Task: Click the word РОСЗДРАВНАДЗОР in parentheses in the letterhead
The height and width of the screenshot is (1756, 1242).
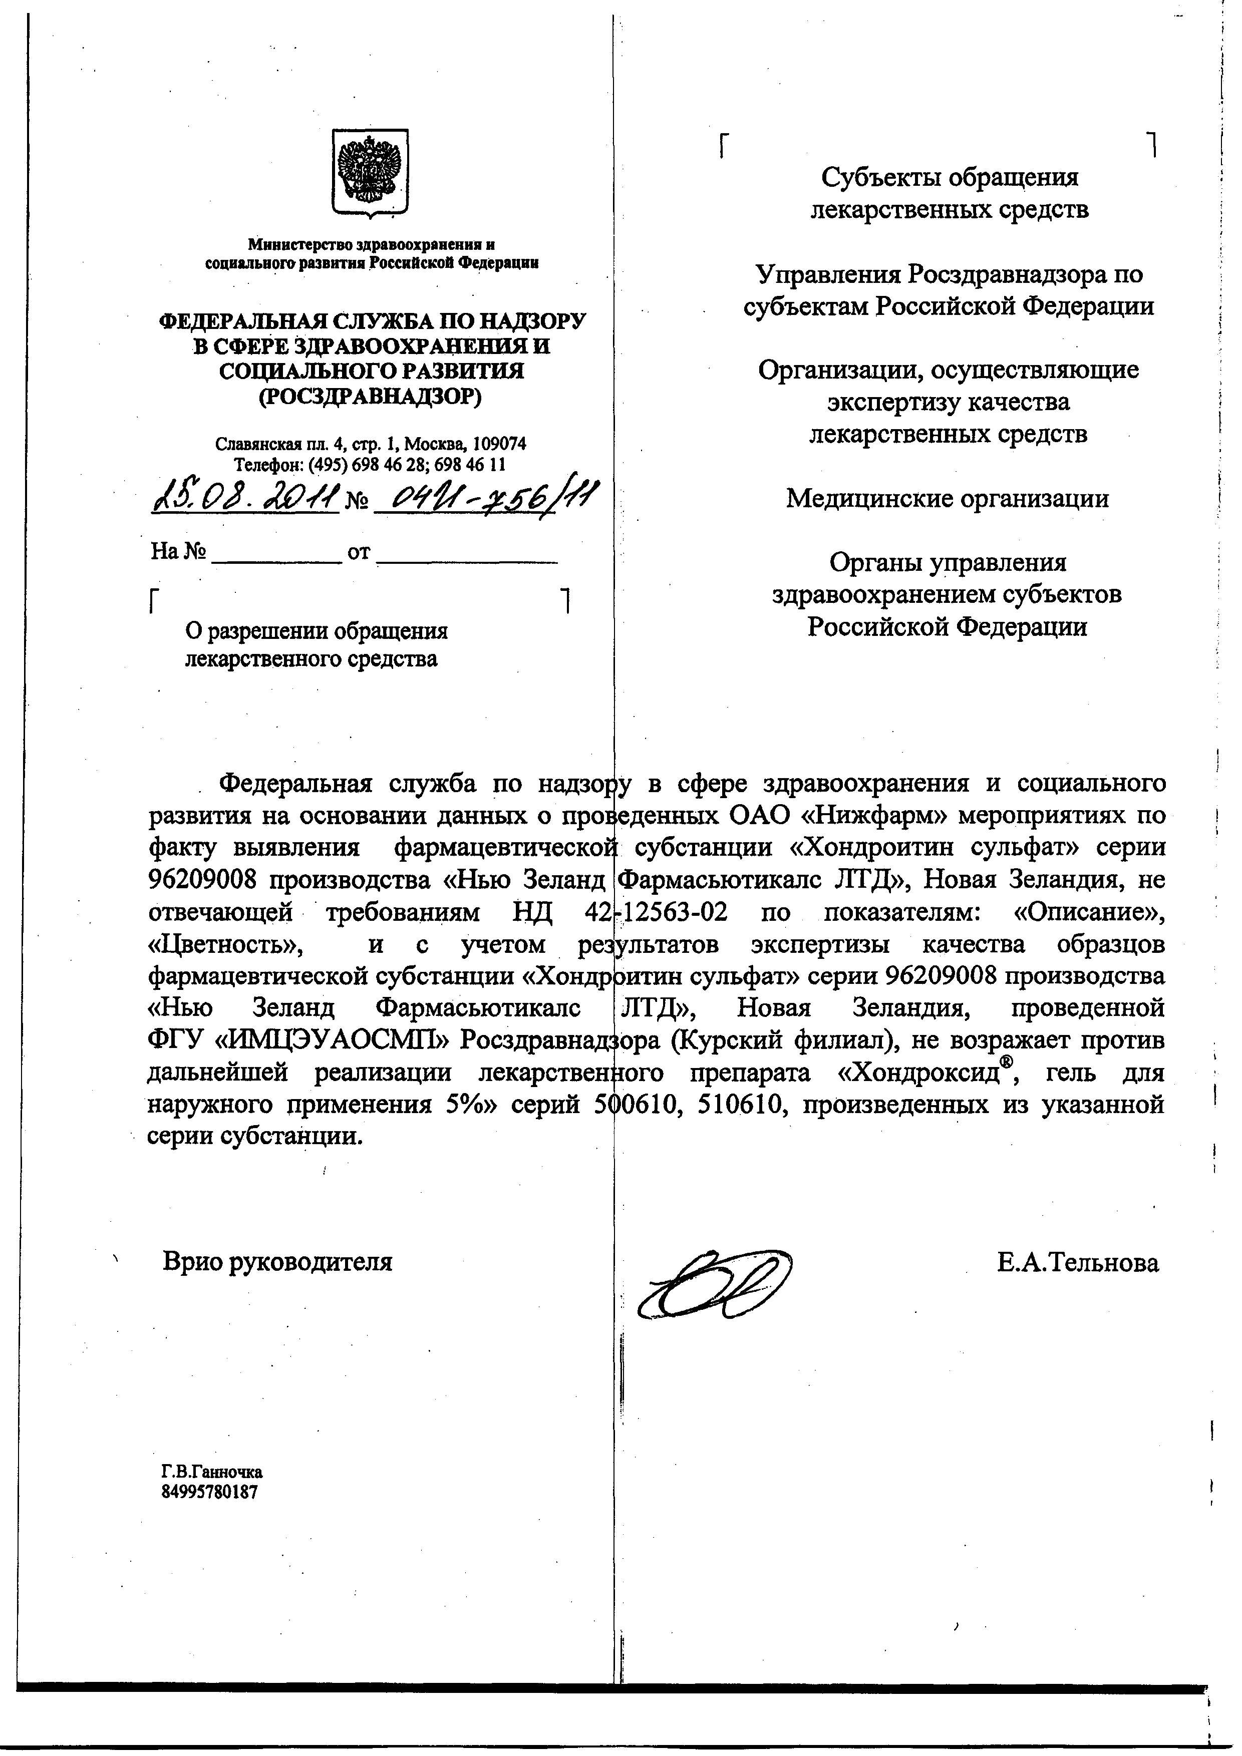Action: pyautogui.click(x=372, y=398)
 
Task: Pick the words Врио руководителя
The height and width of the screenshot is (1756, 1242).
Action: pyautogui.click(x=277, y=1262)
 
